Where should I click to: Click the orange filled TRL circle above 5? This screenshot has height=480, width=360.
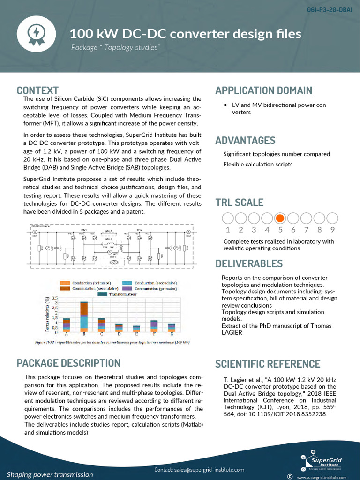pos(280,218)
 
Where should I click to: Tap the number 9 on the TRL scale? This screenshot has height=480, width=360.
pos(332,230)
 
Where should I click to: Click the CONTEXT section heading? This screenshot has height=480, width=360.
pos(37,90)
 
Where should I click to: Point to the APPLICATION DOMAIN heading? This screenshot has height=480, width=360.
pos(263,90)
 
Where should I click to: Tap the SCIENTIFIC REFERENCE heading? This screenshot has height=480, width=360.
pos(268,364)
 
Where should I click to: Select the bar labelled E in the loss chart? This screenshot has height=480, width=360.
pos(136,329)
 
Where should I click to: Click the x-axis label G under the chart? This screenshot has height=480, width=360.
pos(172,334)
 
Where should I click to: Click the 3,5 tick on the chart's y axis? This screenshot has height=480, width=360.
pos(55,298)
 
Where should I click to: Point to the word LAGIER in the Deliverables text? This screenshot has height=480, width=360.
pos(232,332)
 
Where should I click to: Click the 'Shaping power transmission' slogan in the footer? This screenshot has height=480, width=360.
pos(50,474)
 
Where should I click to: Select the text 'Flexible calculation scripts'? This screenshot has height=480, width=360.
pos(258,165)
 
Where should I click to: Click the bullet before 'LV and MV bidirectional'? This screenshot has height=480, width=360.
pos(226,105)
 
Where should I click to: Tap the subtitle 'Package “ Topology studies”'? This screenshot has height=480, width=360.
pos(116,48)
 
